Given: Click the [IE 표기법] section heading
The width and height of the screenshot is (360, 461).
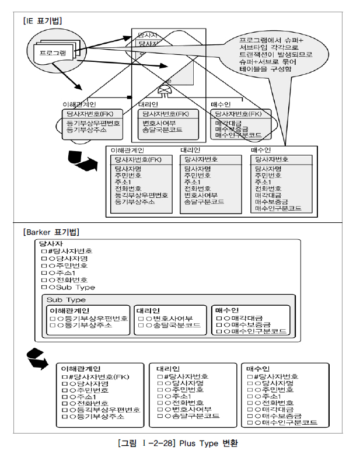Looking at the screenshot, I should coord(43,21).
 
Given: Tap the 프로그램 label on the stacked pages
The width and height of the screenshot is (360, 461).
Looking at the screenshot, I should coord(53,53).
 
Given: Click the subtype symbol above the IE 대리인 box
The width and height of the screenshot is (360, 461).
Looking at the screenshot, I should coord(165,90).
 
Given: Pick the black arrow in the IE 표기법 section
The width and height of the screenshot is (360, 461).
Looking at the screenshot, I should coord(82,161).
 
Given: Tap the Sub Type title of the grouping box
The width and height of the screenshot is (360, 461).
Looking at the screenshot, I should coord(67,300).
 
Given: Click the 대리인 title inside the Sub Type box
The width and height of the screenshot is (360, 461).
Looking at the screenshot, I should coord(149,310).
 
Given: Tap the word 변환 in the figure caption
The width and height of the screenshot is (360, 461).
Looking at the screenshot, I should coord(229,443).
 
